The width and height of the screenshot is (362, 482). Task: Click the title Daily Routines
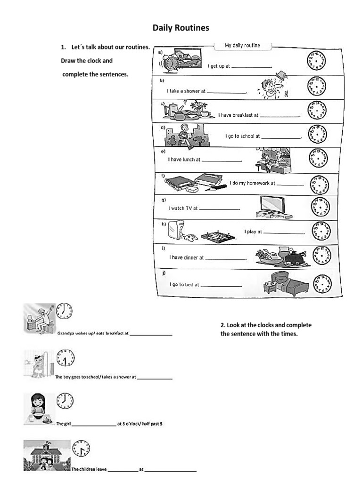coord(181,28)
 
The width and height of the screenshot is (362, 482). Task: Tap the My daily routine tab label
coord(242,46)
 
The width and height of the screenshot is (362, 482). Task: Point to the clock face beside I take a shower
coord(316,87)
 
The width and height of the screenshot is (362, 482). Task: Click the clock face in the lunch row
coord(317,158)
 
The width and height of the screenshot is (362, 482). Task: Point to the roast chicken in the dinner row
coord(297,258)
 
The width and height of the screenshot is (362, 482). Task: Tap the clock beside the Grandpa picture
coord(65,311)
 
